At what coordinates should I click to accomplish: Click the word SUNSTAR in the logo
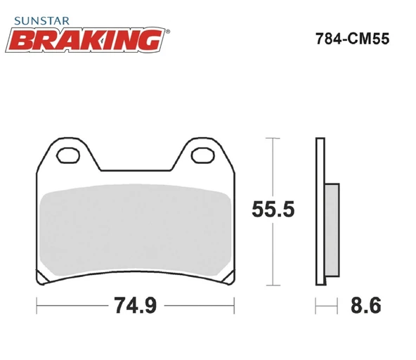41,21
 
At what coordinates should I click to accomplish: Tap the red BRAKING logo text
86,40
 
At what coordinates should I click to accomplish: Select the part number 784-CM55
352,39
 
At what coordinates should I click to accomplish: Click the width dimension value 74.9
136,305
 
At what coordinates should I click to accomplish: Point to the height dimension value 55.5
273,210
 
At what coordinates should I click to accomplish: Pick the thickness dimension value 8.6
366,305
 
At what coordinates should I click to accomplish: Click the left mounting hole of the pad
68,155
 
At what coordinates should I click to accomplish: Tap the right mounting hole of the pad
203,155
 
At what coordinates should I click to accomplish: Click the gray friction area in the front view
136,230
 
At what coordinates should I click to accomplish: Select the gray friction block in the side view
332,230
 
